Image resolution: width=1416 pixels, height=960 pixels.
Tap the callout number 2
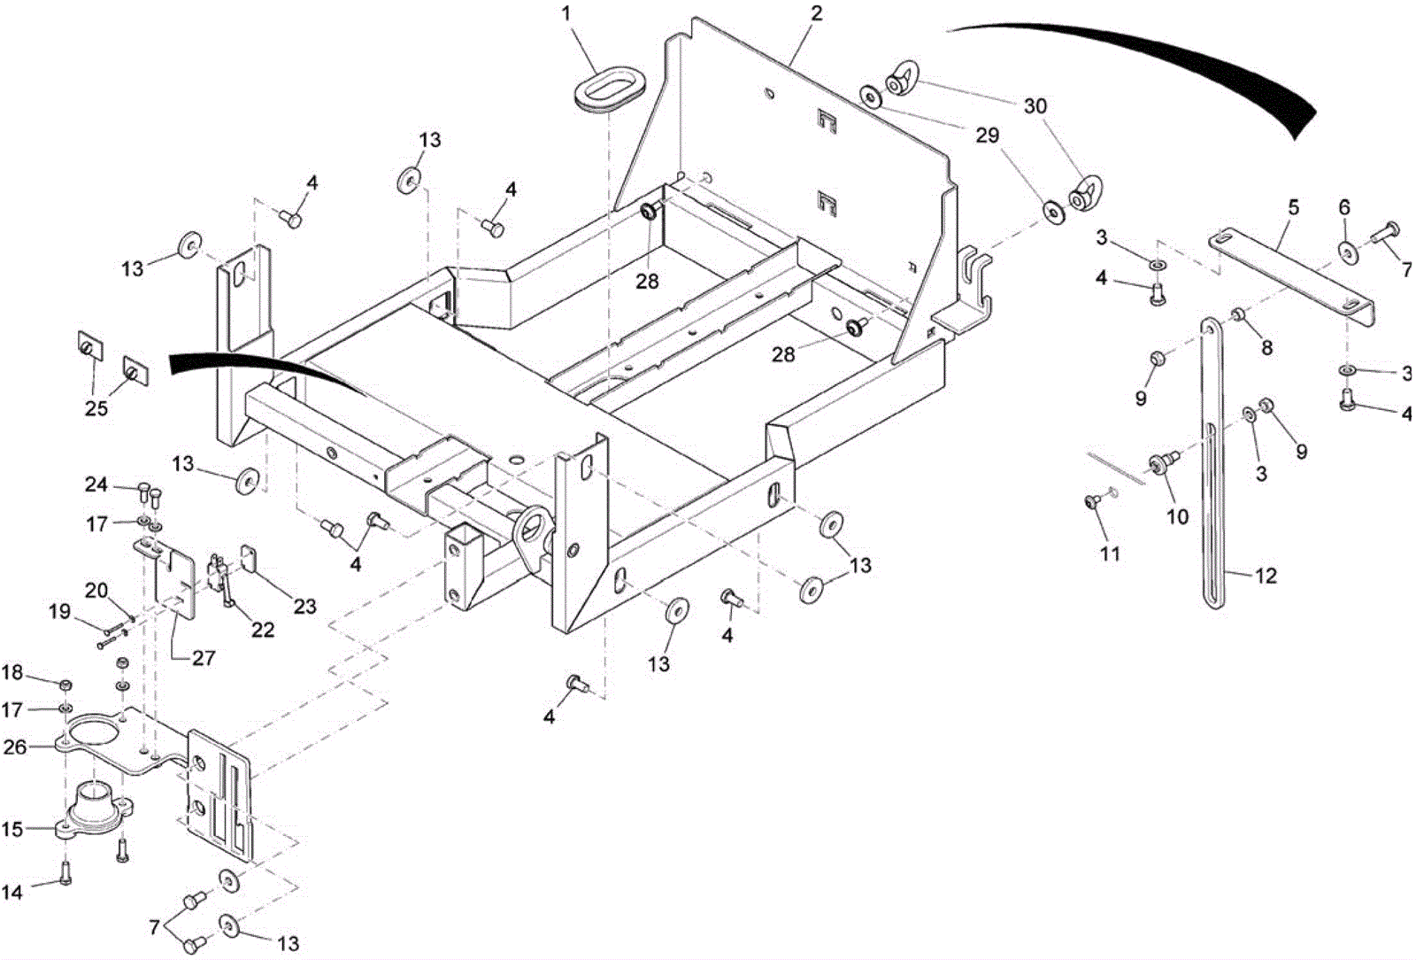click(x=816, y=13)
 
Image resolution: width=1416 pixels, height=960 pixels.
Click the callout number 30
click(x=1035, y=106)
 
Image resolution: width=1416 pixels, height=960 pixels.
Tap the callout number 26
click(x=15, y=747)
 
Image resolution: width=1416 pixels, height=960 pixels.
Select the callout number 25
click(x=96, y=408)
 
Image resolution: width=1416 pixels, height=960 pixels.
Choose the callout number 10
click(x=1177, y=516)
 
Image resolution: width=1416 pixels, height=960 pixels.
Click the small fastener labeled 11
click(x=1091, y=502)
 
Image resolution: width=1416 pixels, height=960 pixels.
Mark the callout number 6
click(x=1344, y=208)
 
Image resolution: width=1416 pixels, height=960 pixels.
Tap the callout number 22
click(x=263, y=630)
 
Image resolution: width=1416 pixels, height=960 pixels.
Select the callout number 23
click(x=304, y=607)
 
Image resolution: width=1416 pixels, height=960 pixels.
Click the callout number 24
click(x=96, y=484)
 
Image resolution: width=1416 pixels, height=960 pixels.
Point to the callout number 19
click(x=59, y=612)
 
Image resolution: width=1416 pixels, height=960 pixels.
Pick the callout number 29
click(x=987, y=135)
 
